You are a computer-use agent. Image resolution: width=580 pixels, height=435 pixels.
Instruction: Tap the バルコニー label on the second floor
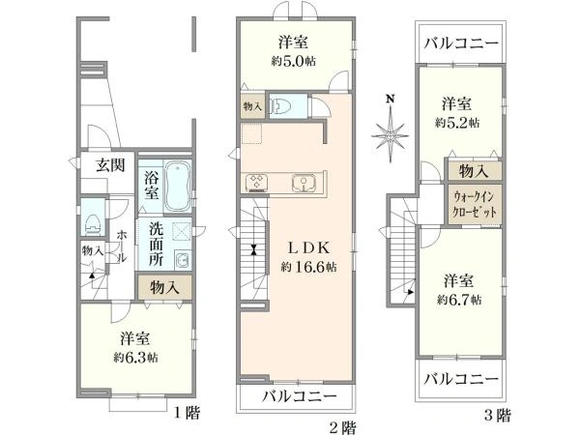coord(299,397)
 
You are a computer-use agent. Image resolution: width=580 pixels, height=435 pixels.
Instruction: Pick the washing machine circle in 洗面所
coord(181,259)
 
